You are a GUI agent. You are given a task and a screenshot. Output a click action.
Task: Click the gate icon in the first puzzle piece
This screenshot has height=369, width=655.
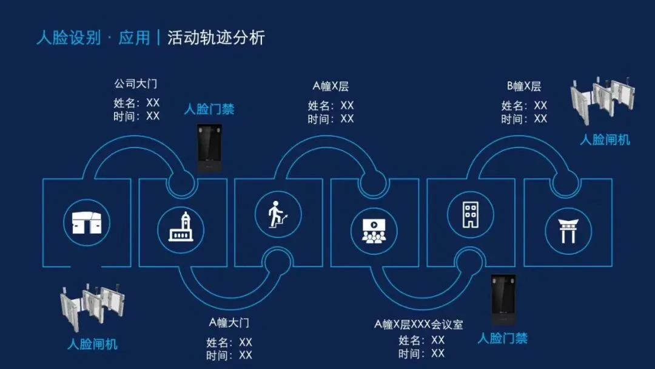coord(87,223)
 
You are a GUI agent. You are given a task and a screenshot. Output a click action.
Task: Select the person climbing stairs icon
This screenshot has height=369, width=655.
coord(278,214)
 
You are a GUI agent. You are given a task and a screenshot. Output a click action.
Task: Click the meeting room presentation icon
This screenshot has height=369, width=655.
coord(374,229)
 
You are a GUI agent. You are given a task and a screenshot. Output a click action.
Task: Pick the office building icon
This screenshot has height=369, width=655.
coord(470,214)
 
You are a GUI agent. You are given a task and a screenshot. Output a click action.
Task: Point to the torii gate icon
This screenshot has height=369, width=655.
coord(568,230)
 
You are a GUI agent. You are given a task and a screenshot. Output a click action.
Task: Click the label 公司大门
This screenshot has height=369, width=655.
coord(136,83)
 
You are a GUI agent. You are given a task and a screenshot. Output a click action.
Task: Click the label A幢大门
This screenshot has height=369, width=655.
coord(229,322)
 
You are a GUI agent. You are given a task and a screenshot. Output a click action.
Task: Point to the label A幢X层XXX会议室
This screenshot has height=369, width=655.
coord(418,324)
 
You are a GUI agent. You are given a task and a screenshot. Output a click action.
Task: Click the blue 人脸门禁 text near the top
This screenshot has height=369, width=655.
coord(209,110)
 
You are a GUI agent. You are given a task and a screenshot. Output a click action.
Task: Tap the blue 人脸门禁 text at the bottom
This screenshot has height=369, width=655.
coord(502,339)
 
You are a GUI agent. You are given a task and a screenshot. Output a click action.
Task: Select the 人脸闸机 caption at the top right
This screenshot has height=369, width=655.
coord(605,140)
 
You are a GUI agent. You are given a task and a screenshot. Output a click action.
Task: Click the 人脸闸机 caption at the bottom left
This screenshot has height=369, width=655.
coord(92,345)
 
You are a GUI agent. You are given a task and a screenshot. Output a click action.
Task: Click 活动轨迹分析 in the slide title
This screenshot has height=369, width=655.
coord(216,38)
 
